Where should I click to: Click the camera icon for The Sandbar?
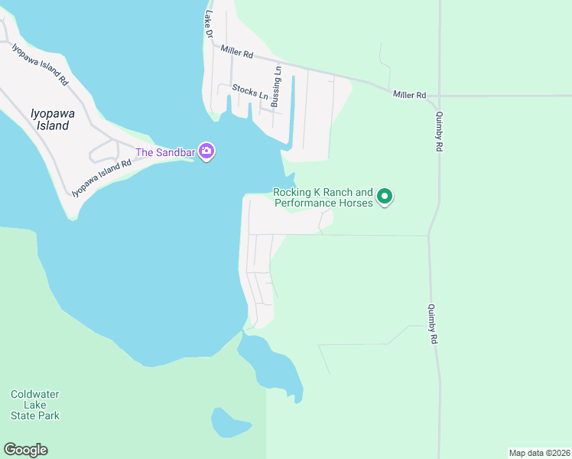click(x=206, y=151)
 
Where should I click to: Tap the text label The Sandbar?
click(x=165, y=152)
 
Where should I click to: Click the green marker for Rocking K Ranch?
click(x=385, y=197)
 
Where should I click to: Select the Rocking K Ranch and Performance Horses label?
click(x=323, y=197)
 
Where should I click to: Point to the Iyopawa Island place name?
click(x=53, y=119)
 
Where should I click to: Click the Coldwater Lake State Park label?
click(x=35, y=405)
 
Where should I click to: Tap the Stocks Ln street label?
click(x=250, y=93)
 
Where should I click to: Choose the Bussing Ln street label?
click(x=277, y=86)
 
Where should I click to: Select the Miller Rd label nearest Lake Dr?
click(x=236, y=52)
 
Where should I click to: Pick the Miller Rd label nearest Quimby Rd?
click(x=409, y=94)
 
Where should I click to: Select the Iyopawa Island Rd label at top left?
click(x=41, y=63)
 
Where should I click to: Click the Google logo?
click(x=25, y=450)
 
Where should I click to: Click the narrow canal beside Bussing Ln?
click(x=292, y=111)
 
